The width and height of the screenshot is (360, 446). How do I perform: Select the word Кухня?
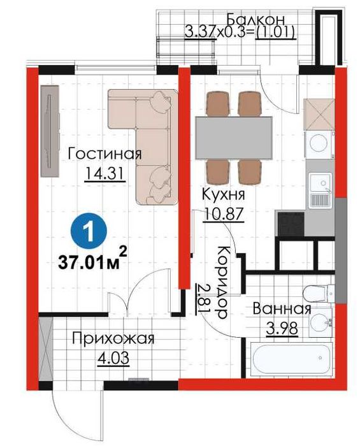(x=219, y=194)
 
